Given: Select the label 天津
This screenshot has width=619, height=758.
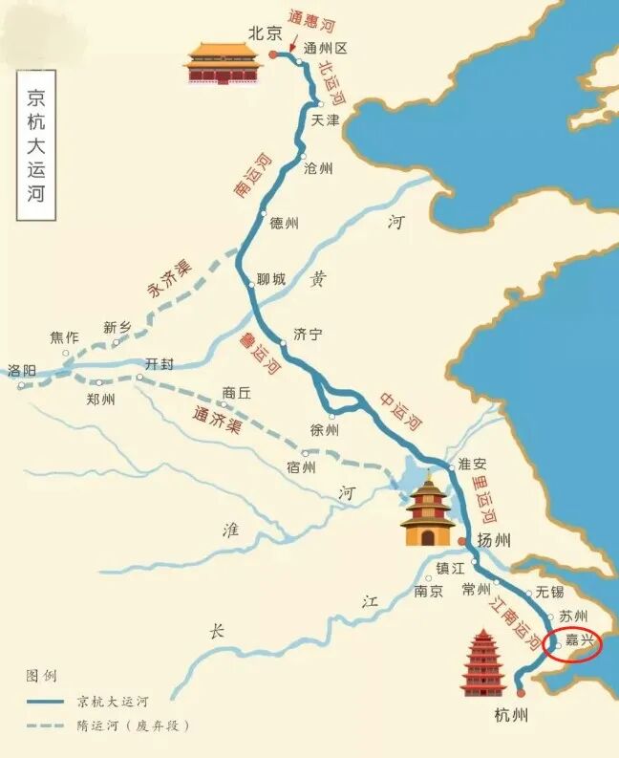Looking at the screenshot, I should coord(326,120).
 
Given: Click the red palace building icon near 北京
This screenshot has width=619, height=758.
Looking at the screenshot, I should coord(223,63).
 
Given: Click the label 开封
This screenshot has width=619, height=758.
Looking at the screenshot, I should coord(160,363).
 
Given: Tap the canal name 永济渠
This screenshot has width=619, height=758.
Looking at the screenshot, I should coord(168,280).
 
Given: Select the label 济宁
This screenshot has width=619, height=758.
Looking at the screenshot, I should coord(308,335).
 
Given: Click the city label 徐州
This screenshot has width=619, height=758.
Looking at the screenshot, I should coord(325,430).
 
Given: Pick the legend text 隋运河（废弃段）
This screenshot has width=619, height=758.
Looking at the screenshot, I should coord(134,726).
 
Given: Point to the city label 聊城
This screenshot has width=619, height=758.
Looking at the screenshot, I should coord(270,280).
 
